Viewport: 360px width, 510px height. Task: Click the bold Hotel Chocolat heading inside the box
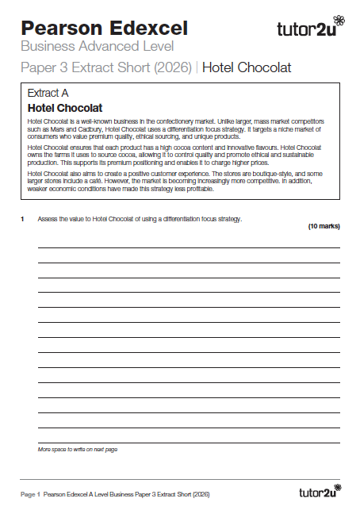pos(65,107)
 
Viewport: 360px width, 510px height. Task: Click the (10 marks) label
pos(324,227)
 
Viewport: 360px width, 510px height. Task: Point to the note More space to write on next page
pos(78,450)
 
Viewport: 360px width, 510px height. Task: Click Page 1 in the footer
pos(30,493)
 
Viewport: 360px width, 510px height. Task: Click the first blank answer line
pos(189,248)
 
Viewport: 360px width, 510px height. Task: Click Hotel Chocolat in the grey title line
pos(247,68)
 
